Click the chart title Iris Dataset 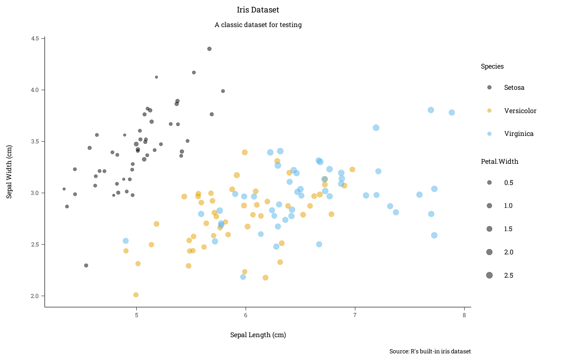pos(258,10)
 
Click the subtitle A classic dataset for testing pos(258,25)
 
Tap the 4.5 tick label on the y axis pos(35,38)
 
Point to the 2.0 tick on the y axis pos(35,296)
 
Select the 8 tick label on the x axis pos(464,315)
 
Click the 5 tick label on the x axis pos(136,315)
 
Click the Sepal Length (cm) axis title pos(258,335)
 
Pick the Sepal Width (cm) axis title pos(9,172)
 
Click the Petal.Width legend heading pos(499,162)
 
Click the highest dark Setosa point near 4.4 pos(210,49)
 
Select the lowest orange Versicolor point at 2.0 pos(136,295)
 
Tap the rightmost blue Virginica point pos(452,113)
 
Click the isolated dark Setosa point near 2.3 pos(86,266)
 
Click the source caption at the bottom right pos(430,351)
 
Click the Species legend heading pos(492,67)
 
